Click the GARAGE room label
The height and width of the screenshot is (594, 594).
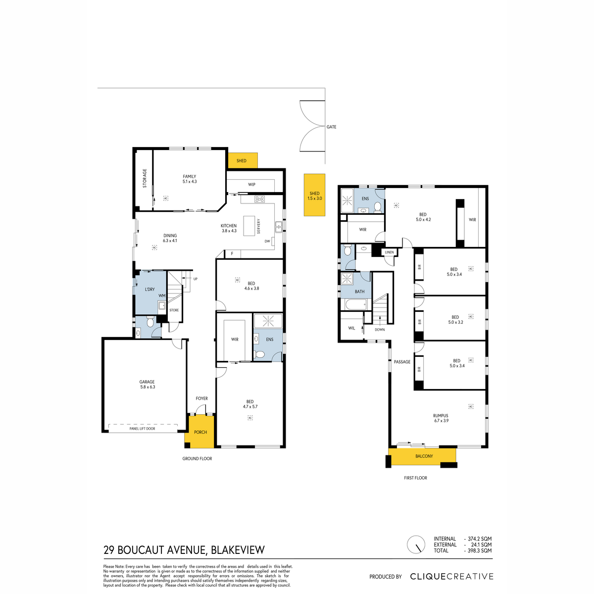(x=147, y=382)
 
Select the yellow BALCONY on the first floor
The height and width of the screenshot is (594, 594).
(x=422, y=456)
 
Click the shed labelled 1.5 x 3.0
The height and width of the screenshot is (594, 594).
(x=314, y=195)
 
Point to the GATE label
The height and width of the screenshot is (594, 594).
(x=331, y=127)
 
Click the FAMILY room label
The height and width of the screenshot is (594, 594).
(x=189, y=177)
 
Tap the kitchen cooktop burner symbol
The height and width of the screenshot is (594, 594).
(x=259, y=199)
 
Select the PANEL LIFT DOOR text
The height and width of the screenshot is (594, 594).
(x=143, y=429)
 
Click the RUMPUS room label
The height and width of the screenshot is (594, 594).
(x=441, y=415)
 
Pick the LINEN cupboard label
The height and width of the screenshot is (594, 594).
(x=390, y=252)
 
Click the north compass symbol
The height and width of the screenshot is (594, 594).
(x=416, y=544)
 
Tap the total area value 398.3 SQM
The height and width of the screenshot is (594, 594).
(x=479, y=550)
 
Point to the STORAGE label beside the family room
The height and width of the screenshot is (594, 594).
(x=145, y=178)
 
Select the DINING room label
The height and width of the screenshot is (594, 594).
(x=170, y=236)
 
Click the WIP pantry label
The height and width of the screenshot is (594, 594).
(x=251, y=185)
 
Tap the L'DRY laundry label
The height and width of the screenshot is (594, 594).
(x=149, y=290)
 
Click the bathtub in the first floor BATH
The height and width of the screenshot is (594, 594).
(x=356, y=305)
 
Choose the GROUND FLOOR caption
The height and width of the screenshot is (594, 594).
(x=197, y=459)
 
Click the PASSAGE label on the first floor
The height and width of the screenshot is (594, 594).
(x=402, y=362)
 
